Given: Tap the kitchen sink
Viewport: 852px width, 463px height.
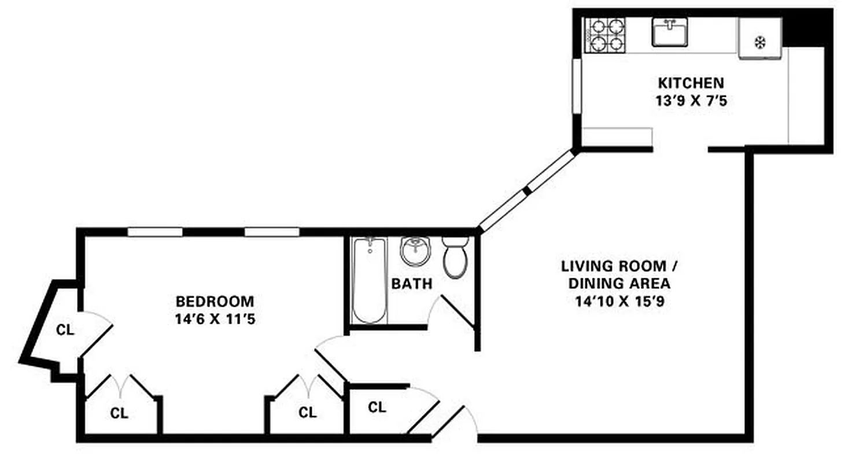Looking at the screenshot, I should point(670,32).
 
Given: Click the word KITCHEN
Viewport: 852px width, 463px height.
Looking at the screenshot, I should point(690,82).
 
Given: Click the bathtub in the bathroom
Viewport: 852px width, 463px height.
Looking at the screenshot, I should point(369,280).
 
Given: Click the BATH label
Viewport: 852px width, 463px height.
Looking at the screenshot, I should point(411,284).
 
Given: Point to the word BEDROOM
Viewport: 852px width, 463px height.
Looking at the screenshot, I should point(215,302).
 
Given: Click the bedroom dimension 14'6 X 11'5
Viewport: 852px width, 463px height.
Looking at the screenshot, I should point(215,319).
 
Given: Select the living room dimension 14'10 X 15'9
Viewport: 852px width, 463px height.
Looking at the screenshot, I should point(619,302).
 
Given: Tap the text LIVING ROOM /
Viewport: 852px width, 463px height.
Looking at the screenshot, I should point(619,267).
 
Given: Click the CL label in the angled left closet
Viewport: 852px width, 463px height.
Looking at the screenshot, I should point(65,330).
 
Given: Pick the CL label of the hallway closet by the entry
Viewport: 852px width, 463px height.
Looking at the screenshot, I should point(377,407).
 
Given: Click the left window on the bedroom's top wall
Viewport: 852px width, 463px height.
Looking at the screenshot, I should point(155,232).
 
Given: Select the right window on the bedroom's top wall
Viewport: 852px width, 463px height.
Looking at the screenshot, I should point(272,232).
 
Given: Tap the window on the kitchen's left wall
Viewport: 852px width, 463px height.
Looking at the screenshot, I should point(576,86).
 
